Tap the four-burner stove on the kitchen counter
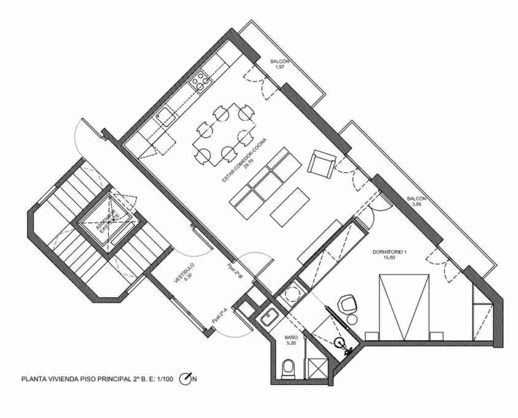tap(201, 83)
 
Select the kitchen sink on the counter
tap(165, 116)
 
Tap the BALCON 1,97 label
tap(280, 64)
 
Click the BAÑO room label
tap(291, 340)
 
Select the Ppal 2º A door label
tap(220, 316)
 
